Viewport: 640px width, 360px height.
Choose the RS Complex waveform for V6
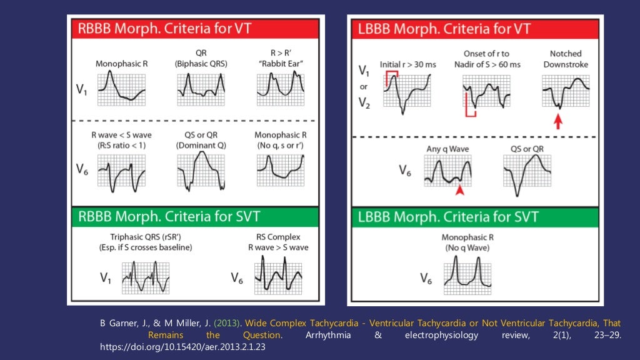pyautogui.click(x=278, y=276)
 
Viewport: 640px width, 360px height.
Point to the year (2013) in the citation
pyautogui.click(x=229, y=323)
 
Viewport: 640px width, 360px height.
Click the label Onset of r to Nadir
pyautogui.click(x=486, y=54)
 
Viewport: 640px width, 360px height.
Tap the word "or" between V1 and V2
pyautogui.click(x=364, y=87)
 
